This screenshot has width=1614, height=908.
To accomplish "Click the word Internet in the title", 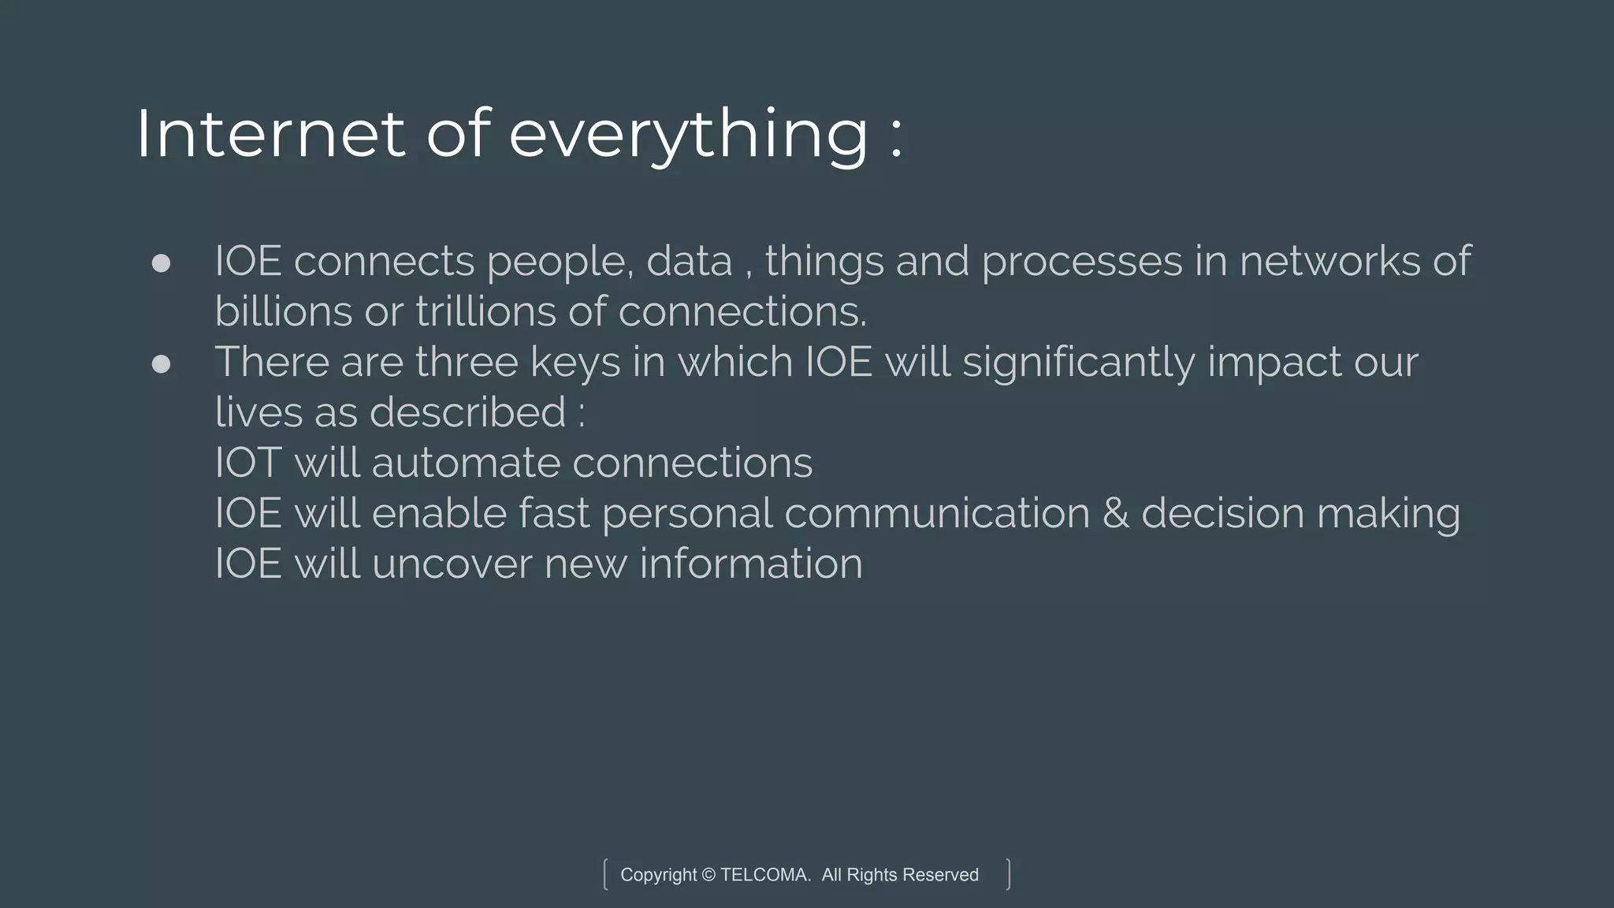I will tap(270, 134).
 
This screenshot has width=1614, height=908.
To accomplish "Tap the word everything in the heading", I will tap(688, 136).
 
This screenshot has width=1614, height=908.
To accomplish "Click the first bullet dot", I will tap(161, 262).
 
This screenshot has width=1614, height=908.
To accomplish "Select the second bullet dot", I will tap(161, 363).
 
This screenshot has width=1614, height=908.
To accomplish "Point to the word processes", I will tap(1081, 262).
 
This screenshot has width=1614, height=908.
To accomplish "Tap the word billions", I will tap(283, 311).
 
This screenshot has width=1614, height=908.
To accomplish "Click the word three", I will tap(467, 363).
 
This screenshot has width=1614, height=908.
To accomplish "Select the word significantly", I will tap(1078, 363).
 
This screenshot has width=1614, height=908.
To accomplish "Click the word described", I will tap(467, 412).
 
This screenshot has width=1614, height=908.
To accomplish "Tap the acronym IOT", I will tap(248, 463).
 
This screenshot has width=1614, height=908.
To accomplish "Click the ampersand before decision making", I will tap(1115, 514).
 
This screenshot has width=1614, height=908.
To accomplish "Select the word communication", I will tap(936, 514).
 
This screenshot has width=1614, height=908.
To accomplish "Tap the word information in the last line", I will tap(750, 564).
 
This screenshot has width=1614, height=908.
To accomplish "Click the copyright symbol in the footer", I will tap(708, 875).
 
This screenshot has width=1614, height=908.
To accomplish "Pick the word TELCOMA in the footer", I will tap(764, 875).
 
